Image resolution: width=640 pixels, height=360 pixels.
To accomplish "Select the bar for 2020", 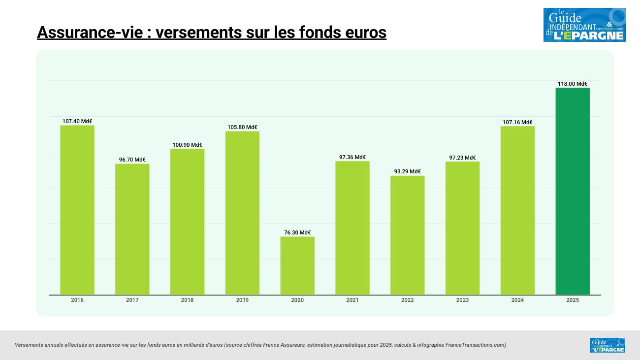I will click(x=297, y=265).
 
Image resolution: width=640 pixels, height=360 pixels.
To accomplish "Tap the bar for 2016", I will click(x=77, y=210).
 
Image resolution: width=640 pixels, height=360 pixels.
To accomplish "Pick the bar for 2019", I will click(x=242, y=213).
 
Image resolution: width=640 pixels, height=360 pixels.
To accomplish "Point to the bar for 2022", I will click(x=408, y=235).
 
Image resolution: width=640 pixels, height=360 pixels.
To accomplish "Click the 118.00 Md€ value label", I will click(x=573, y=84).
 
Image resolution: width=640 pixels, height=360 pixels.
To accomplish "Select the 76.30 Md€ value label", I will click(x=297, y=232).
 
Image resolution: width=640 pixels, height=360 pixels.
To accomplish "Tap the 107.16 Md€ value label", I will click(x=517, y=122).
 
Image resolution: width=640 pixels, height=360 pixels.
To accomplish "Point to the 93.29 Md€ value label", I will click(x=408, y=171).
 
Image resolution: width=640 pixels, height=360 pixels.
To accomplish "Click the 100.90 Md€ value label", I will click(x=187, y=145).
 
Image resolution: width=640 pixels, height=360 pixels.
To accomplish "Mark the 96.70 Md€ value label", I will click(x=132, y=160).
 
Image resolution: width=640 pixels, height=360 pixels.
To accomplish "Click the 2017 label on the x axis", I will click(x=132, y=300).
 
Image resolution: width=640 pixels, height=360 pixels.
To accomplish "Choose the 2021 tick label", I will click(x=352, y=300).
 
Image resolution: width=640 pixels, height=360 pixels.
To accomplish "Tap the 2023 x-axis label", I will click(x=462, y=300).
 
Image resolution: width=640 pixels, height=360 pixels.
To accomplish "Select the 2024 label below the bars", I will click(x=517, y=300).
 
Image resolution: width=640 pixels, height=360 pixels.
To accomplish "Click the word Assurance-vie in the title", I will click(x=90, y=33).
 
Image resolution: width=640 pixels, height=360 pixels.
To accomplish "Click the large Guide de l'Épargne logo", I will click(x=584, y=25).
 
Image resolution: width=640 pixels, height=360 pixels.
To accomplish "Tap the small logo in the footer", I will click(x=607, y=345).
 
